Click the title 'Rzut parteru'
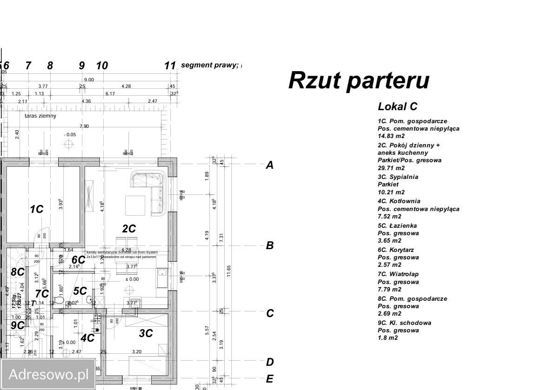tap(359, 80)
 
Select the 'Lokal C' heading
tap(397, 106)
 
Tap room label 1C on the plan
tap(36, 210)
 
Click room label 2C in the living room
tap(129, 229)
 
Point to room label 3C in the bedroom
tap(146, 333)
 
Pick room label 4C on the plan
tap(87, 338)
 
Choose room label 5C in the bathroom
tap(80, 291)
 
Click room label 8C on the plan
tap(18, 272)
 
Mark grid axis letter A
tap(269, 165)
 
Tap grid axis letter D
tap(269, 362)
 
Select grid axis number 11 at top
tap(170, 66)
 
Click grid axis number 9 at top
tap(82, 66)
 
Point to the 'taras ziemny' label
tap(40, 116)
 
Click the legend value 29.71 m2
tap(391, 168)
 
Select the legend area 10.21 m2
tap(391, 192)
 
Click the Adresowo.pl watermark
tap(48, 374)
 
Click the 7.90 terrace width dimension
tap(84, 126)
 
